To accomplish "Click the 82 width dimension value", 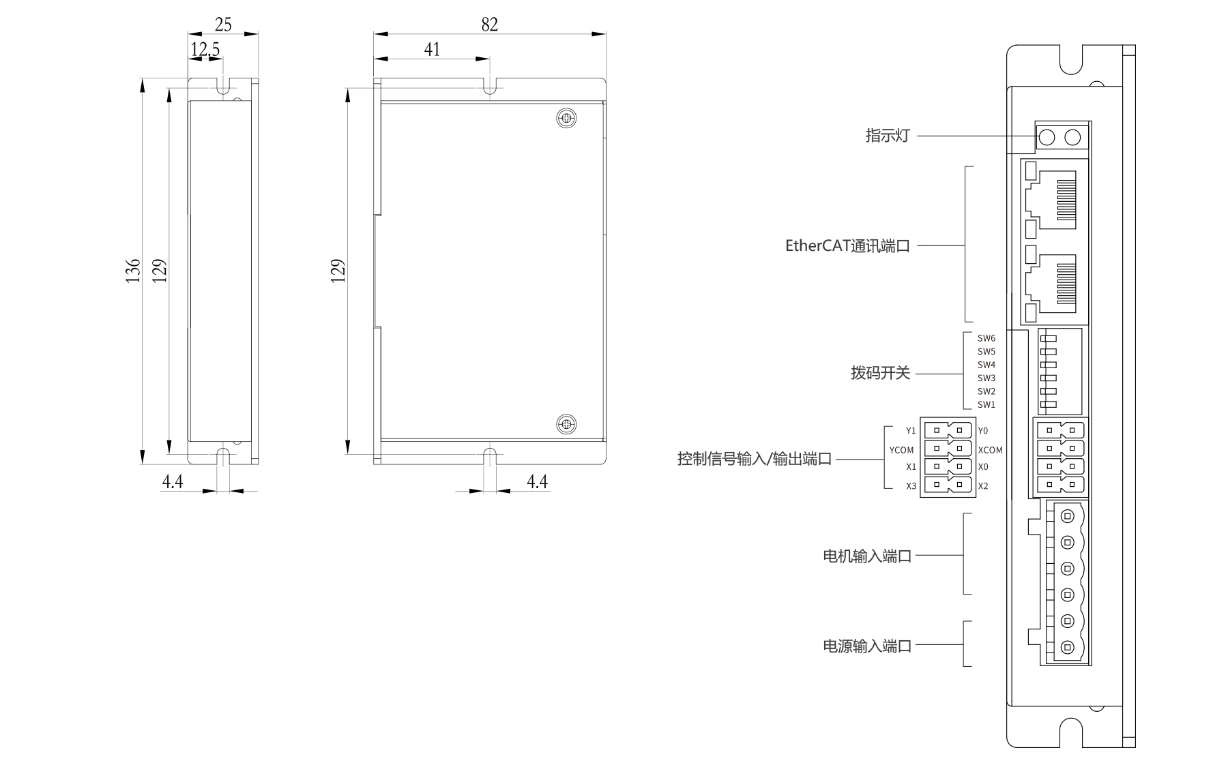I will (489, 25).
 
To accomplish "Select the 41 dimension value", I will (432, 50).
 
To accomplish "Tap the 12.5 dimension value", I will (205, 50).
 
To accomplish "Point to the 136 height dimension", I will (133, 270).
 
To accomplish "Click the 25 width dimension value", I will (223, 25).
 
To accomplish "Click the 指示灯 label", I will (888, 136).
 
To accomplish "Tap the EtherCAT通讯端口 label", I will (847, 245).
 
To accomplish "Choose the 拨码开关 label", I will (880, 374).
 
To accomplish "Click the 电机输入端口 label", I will (867, 556).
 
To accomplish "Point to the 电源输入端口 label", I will (867, 645).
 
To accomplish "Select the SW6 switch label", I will (986, 338).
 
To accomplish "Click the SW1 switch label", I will (986, 404).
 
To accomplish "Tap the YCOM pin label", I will (901, 450).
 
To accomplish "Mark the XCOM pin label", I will (990, 450).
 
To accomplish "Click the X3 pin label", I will (911, 486).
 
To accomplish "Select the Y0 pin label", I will (982, 431).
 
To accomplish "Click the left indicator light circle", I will (1047, 138).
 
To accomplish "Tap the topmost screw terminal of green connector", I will (1068, 516).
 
